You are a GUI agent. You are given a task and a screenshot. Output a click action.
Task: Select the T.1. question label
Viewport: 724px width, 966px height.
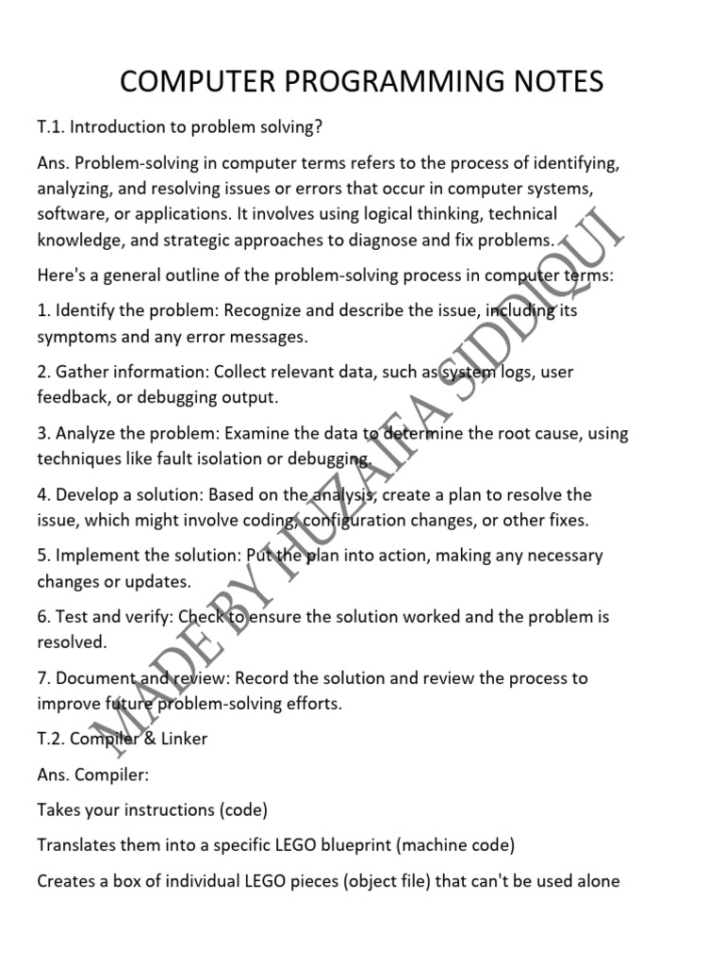[x=50, y=127]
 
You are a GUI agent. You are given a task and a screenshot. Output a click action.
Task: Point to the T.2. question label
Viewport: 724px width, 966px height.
[x=50, y=739]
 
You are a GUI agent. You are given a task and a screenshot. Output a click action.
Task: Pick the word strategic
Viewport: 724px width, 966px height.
[x=206, y=240]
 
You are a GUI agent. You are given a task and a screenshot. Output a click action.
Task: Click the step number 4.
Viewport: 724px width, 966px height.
[x=42, y=495]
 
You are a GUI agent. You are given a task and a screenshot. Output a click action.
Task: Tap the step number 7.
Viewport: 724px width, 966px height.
[x=42, y=678]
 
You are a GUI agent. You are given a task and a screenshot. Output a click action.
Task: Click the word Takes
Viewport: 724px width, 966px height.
[x=58, y=810]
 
